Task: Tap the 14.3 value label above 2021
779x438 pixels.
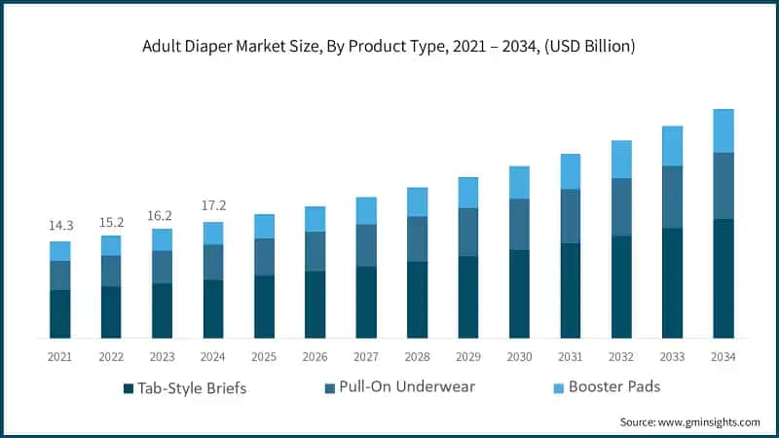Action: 60,226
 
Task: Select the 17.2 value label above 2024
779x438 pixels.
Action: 212,206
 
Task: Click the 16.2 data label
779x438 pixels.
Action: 162,213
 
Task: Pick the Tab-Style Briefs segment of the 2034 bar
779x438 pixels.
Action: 723,278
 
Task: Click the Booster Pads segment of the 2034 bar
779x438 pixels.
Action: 723,130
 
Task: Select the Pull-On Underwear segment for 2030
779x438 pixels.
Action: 519,224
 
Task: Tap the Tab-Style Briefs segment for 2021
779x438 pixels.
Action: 60,313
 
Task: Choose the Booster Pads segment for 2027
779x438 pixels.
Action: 366,210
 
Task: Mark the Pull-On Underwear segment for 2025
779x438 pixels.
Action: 264,257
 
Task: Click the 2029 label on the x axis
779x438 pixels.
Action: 467,357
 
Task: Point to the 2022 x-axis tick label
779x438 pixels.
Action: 111,357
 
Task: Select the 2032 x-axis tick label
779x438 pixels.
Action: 620,357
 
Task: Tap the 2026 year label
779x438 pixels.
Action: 315,357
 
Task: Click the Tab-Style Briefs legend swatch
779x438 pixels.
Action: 128,388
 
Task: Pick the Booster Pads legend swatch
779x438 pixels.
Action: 558,388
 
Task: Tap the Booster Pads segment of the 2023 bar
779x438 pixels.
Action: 162,239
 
